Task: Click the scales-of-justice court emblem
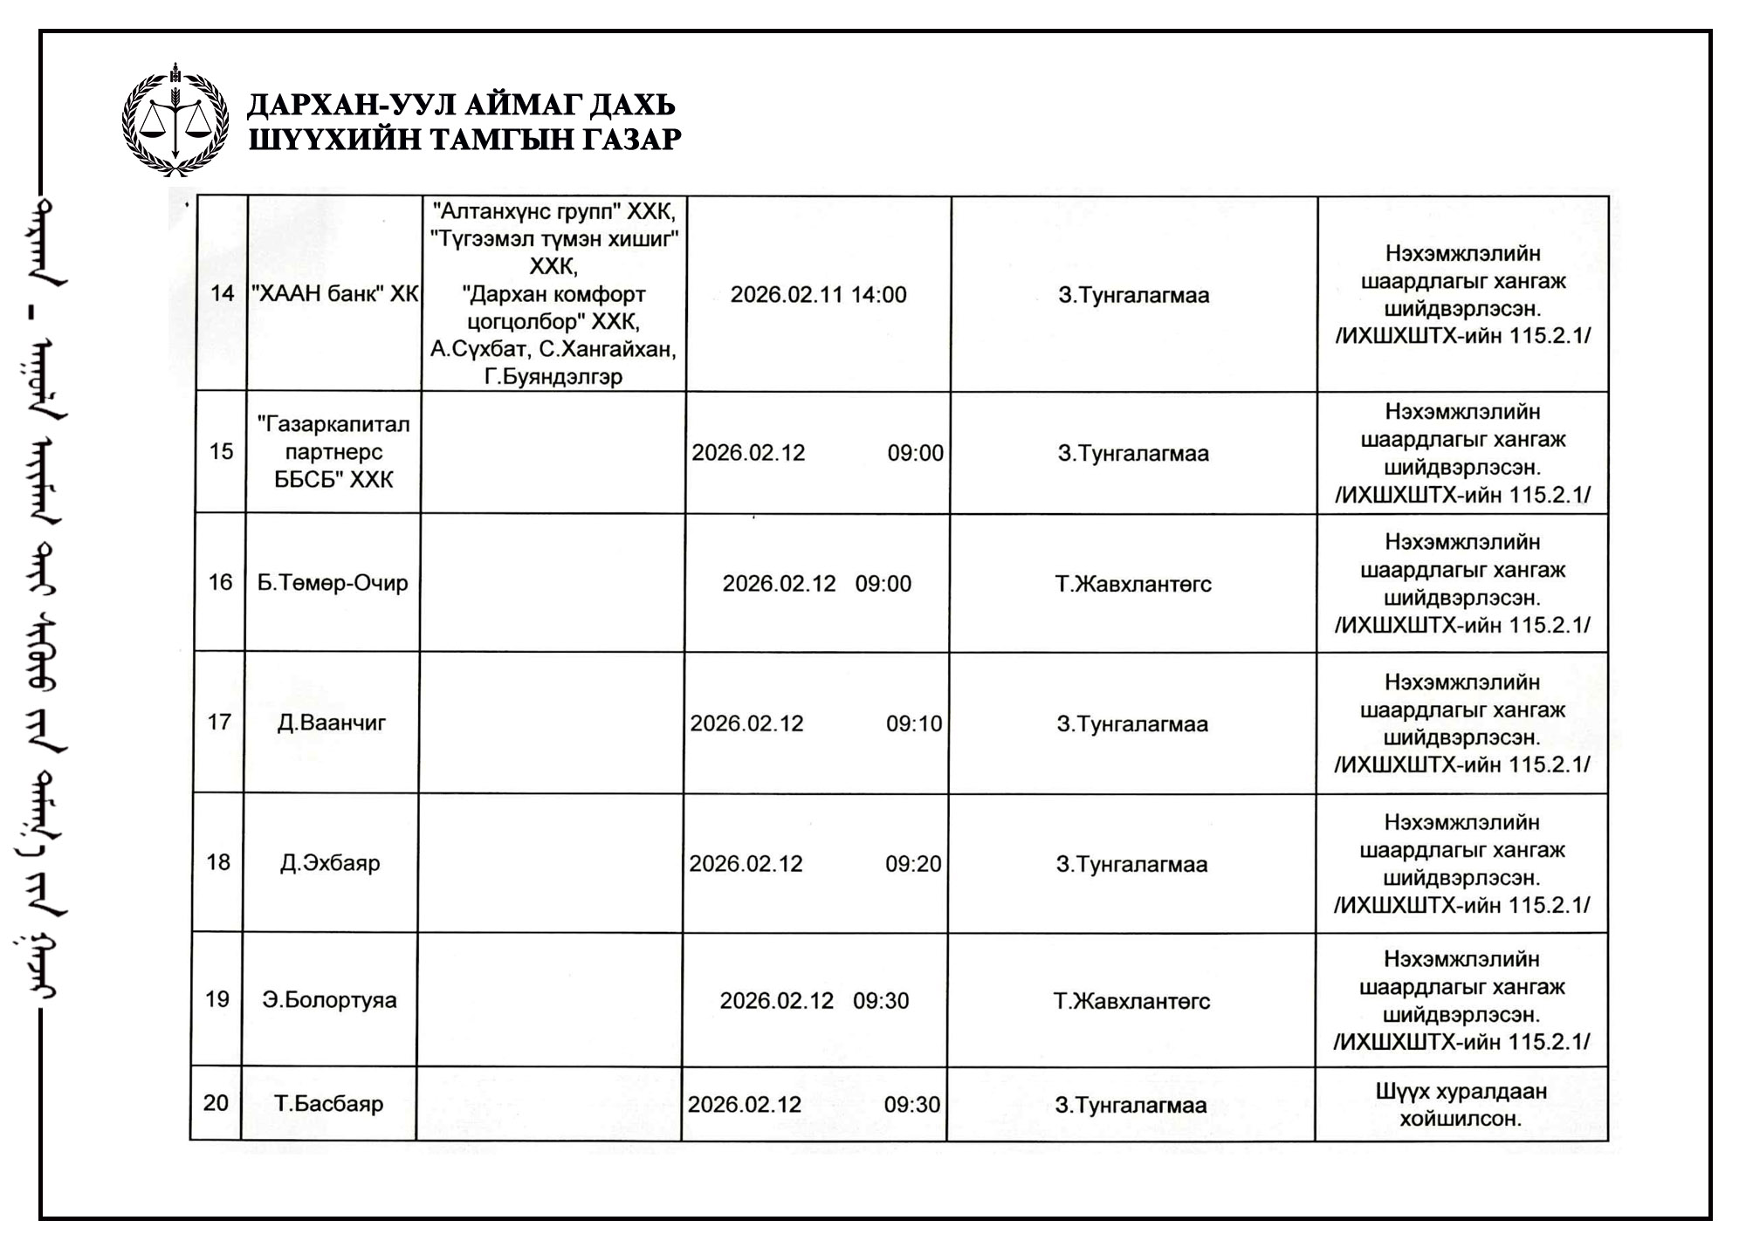click(x=175, y=120)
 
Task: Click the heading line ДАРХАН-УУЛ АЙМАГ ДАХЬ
click(x=461, y=105)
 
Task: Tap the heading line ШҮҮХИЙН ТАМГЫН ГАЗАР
click(x=464, y=140)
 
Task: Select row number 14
click(x=223, y=293)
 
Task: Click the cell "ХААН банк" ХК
click(x=334, y=293)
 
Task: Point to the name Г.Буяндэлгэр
click(x=553, y=377)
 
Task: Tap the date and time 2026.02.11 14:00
click(x=818, y=295)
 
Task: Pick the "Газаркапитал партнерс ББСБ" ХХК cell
click(x=333, y=452)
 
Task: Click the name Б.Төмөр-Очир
click(x=333, y=583)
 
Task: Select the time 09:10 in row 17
click(x=914, y=724)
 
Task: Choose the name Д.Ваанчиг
click(x=332, y=723)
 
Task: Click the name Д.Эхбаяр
click(x=330, y=863)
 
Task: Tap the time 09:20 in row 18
click(x=913, y=864)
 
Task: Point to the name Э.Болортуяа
click(x=329, y=1000)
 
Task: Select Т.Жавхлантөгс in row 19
click(x=1131, y=1001)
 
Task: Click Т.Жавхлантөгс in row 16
click(x=1133, y=584)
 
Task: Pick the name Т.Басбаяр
click(x=329, y=1104)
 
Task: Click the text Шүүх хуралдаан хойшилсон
click(x=1461, y=1105)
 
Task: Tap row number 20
click(x=216, y=1103)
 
